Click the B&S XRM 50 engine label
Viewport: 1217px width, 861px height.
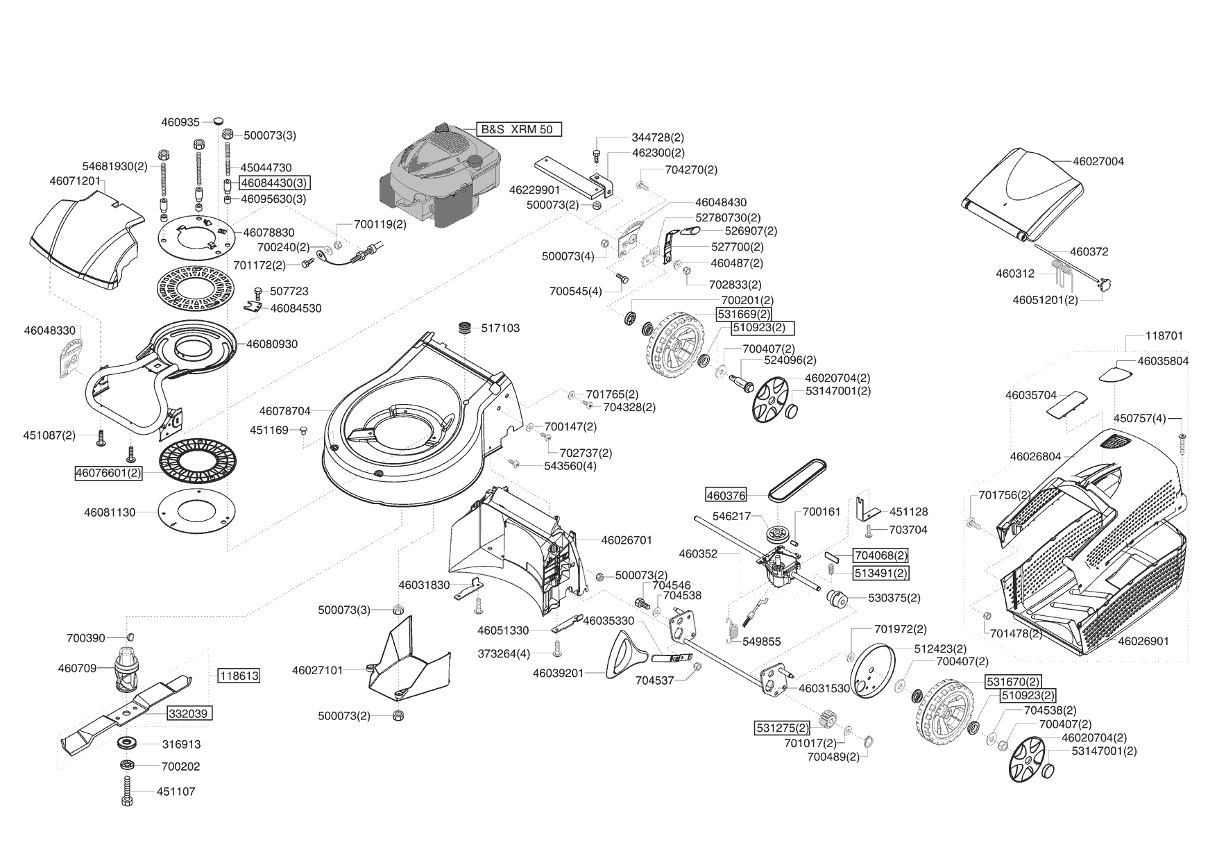pyautogui.click(x=519, y=130)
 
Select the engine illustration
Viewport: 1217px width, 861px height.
pyautogui.click(x=440, y=177)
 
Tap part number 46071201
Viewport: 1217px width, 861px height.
pyautogui.click(x=75, y=181)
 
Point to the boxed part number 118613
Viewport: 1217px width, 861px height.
pyautogui.click(x=238, y=676)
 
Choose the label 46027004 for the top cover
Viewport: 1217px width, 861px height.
pyautogui.click(x=1098, y=161)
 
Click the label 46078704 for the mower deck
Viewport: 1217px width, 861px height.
pyautogui.click(x=284, y=411)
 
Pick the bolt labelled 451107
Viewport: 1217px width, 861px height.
pyautogui.click(x=128, y=792)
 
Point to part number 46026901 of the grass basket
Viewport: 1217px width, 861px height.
pyautogui.click(x=1143, y=641)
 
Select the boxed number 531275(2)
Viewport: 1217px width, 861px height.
pyautogui.click(x=782, y=728)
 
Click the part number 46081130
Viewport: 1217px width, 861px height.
pyautogui.click(x=110, y=512)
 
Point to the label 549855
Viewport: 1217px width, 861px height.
pyautogui.click(x=762, y=642)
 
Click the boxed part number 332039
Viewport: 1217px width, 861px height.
pyautogui.click(x=189, y=713)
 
